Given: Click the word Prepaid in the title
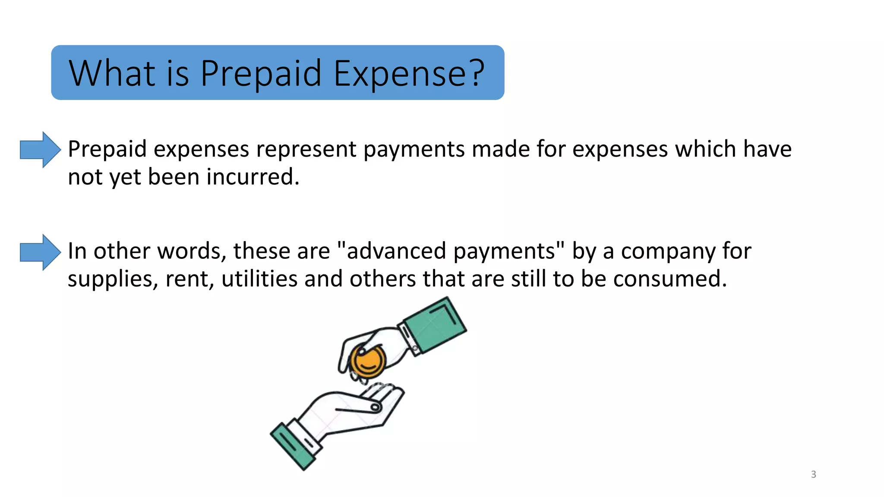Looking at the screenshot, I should coord(261,73).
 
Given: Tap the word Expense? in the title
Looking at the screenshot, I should coord(409,73).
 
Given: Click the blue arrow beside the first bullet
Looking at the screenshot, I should coord(40,150).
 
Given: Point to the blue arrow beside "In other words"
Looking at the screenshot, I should coord(40,252).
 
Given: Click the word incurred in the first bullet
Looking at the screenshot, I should coord(253,177).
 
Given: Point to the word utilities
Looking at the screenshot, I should coord(259,279).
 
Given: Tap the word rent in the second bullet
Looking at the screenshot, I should coord(189,280).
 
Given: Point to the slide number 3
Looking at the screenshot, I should coord(813,475).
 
